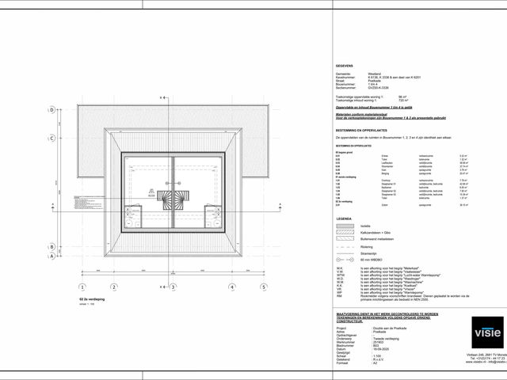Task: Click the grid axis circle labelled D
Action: tap(52, 110)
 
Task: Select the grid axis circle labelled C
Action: tap(52, 138)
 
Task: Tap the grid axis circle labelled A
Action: tap(52, 256)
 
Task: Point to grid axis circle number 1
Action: tap(82, 286)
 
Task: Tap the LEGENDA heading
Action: tap(344, 218)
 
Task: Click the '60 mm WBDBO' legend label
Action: tap(372, 260)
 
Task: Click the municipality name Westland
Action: tap(374, 72)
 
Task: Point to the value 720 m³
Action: tap(424, 101)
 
